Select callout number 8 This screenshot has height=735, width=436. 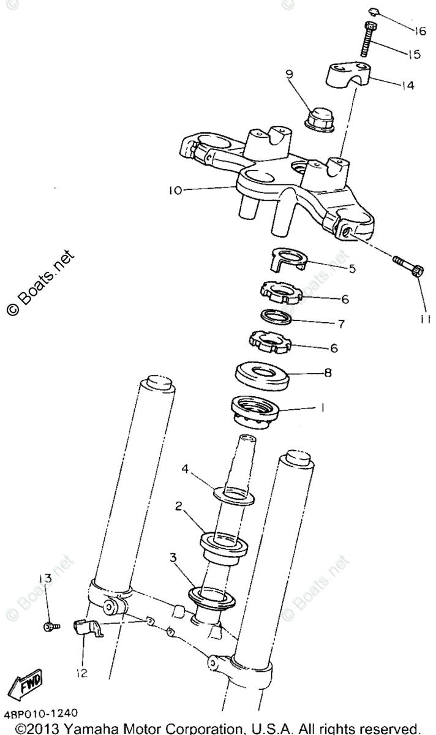point(329,372)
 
